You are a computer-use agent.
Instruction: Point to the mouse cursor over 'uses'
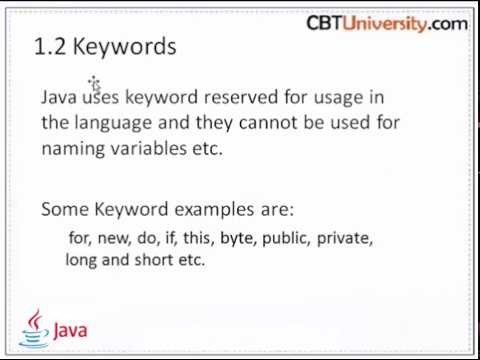click(x=93, y=84)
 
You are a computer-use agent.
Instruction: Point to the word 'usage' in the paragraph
click(x=317, y=98)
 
